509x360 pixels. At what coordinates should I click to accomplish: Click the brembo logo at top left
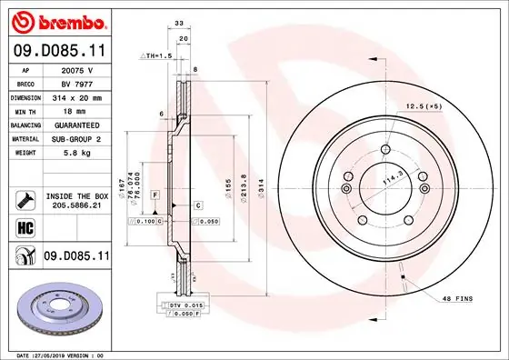[57, 19]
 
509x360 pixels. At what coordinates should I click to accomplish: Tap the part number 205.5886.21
[76, 206]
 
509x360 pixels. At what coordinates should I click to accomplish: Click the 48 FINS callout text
[457, 299]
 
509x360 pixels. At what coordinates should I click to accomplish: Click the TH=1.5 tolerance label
[156, 56]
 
